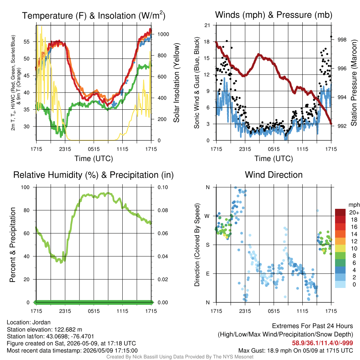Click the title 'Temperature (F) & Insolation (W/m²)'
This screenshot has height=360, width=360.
click(x=94, y=15)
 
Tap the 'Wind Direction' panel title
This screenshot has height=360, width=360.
click(x=274, y=175)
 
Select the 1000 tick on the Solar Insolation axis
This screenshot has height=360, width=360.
click(x=163, y=34)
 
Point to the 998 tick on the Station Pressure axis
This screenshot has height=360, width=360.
click(x=342, y=40)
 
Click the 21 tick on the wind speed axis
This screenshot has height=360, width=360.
click(x=207, y=25)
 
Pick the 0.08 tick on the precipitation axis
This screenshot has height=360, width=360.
click(x=163, y=210)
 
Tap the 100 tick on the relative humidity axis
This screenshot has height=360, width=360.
click(x=25, y=187)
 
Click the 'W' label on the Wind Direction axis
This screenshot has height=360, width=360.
click(x=207, y=216)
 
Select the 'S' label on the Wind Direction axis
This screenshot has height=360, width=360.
click(x=207, y=245)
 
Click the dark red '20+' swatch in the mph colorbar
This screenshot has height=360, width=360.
click(x=340, y=212)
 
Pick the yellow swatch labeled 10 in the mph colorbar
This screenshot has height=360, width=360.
click(x=340, y=248)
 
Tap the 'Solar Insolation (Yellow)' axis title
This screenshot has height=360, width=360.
click(x=176, y=83)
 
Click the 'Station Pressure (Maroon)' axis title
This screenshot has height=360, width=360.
click(x=354, y=83)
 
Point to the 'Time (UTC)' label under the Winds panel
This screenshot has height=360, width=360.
click(x=274, y=159)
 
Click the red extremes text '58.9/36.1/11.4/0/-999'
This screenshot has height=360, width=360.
click(x=322, y=343)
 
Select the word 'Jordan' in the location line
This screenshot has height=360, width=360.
click(x=41, y=322)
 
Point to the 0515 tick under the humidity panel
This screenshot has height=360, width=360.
click(x=94, y=311)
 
